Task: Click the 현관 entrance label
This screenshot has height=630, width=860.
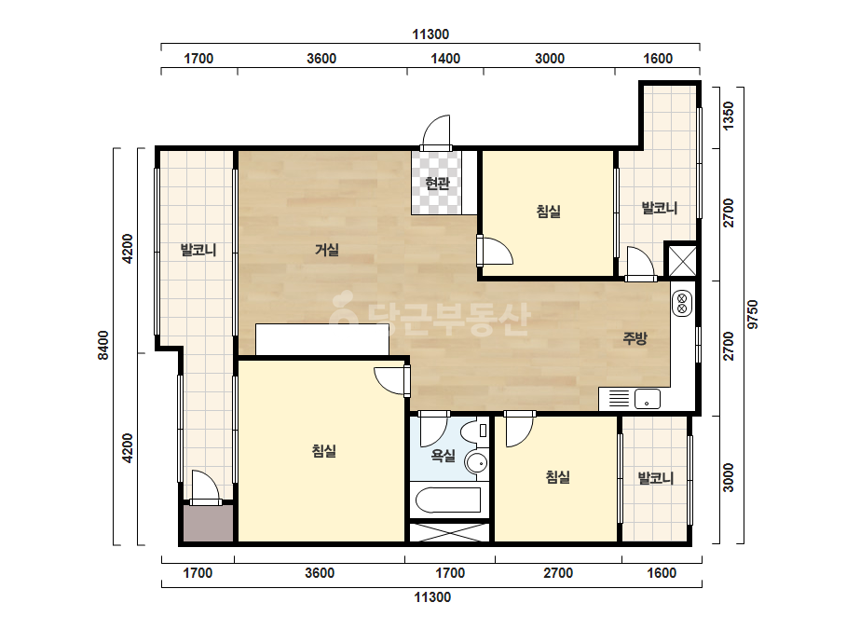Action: click(x=437, y=184)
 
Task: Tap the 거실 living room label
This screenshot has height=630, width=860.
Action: click(x=327, y=251)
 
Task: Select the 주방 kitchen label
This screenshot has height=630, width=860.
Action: click(x=635, y=338)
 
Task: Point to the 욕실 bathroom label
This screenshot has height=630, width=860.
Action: click(x=444, y=455)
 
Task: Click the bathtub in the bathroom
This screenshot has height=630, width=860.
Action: click(x=449, y=500)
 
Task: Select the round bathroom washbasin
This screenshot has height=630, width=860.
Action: click(x=476, y=463)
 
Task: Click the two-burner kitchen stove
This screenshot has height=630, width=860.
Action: click(x=682, y=303)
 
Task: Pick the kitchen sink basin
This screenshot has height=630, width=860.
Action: click(x=648, y=399)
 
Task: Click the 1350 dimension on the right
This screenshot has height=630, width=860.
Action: click(x=728, y=116)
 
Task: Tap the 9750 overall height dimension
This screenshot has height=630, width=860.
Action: click(x=753, y=314)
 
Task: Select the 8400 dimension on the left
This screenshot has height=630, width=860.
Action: click(x=103, y=346)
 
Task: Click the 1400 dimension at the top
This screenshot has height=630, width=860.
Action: click(x=445, y=59)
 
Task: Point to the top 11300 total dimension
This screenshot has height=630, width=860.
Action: click(x=430, y=34)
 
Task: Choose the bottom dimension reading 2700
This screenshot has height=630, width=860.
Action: click(x=558, y=573)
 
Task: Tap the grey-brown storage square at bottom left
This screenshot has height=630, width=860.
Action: click(x=208, y=524)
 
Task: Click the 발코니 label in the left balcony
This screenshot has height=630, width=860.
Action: click(x=198, y=251)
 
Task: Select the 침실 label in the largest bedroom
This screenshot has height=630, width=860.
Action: click(x=323, y=451)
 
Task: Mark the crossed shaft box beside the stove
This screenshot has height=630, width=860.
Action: click(x=682, y=260)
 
